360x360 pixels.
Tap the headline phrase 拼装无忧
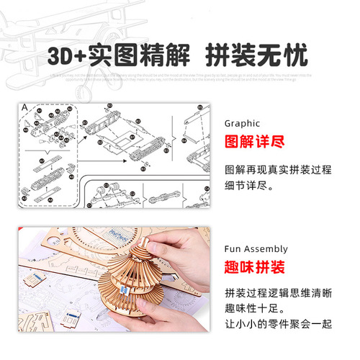point(256,55)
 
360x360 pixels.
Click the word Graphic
point(242,123)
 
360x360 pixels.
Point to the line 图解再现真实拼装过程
point(277,169)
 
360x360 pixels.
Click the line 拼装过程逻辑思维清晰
point(277,294)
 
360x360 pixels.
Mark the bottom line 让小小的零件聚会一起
point(277,324)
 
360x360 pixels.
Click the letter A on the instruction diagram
point(24,108)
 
